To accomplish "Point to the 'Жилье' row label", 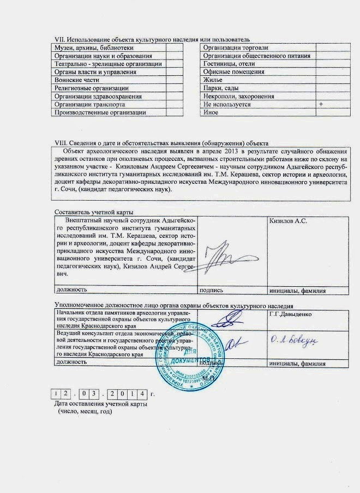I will (x=212, y=80).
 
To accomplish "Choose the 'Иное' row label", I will (x=211, y=112).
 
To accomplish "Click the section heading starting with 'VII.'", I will (x=153, y=39).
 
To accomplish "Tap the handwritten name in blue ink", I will (x=294, y=340).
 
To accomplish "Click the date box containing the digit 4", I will (x=143, y=393).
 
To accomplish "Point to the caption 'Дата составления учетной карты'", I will (x=100, y=404).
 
